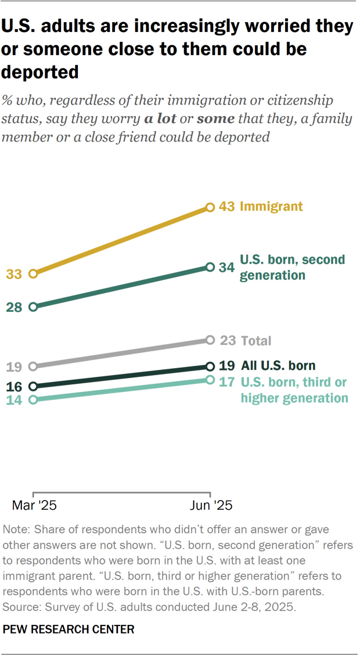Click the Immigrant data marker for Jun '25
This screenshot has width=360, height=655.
pyautogui.click(x=210, y=207)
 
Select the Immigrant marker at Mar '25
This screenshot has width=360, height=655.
pyautogui.click(x=33, y=273)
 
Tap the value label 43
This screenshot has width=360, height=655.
pyautogui.click(x=226, y=207)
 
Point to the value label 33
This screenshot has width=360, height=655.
pyautogui.click(x=15, y=273)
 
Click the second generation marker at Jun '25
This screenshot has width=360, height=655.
pyautogui.click(x=210, y=267)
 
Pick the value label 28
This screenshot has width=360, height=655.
pyautogui.click(x=15, y=307)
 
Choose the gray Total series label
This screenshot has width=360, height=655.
pyautogui.click(x=256, y=341)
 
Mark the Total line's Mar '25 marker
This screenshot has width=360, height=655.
pyautogui.click(x=33, y=366)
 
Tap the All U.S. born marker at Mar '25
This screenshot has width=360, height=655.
pyautogui.click(x=33, y=386)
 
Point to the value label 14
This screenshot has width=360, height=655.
pyautogui.click(x=15, y=400)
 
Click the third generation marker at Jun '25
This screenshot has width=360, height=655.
pyautogui.click(x=210, y=380)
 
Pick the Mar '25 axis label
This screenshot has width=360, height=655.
pyautogui.click(x=34, y=505)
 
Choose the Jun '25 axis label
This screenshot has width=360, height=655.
pyautogui.click(x=211, y=505)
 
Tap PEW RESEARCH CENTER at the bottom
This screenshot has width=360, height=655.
pyautogui.click(x=69, y=629)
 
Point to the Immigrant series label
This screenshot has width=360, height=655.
pyautogui.click(x=271, y=207)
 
